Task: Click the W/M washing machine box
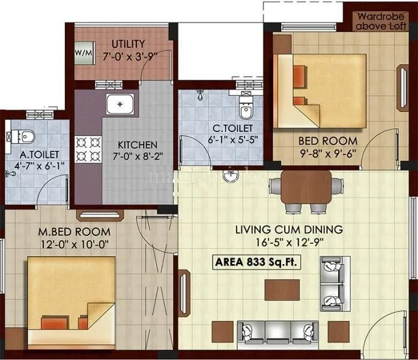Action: (83, 52)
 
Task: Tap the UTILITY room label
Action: (127, 44)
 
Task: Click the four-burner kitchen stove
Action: (87, 149)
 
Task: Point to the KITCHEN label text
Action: (137, 145)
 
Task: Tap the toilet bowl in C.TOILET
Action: (245, 110)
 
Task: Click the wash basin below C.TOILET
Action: (230, 176)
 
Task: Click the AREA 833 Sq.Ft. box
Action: (255, 262)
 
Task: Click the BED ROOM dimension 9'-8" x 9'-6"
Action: (328, 152)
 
